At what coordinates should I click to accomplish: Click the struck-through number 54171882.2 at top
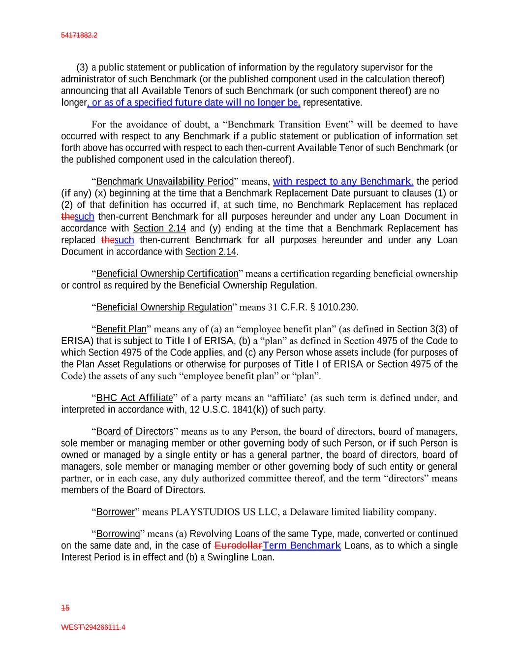tap(79, 35)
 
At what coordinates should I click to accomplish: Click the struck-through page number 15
tap(65, 608)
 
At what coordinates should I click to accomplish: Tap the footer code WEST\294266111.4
tap(93, 627)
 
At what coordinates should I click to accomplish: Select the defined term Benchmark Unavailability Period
tap(165, 182)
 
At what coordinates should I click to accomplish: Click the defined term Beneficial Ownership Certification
tap(167, 274)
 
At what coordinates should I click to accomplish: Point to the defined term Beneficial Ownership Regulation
tap(164, 308)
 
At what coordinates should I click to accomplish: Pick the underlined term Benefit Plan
tap(122, 329)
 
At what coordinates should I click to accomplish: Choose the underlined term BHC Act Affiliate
tap(134, 398)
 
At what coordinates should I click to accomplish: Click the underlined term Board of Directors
tap(135, 432)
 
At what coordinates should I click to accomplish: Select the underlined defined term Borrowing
tap(118, 534)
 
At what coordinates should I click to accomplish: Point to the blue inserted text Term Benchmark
tap(302, 545)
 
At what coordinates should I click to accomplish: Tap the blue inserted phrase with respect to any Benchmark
tap(343, 182)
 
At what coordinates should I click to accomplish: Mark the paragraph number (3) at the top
tap(82, 67)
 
